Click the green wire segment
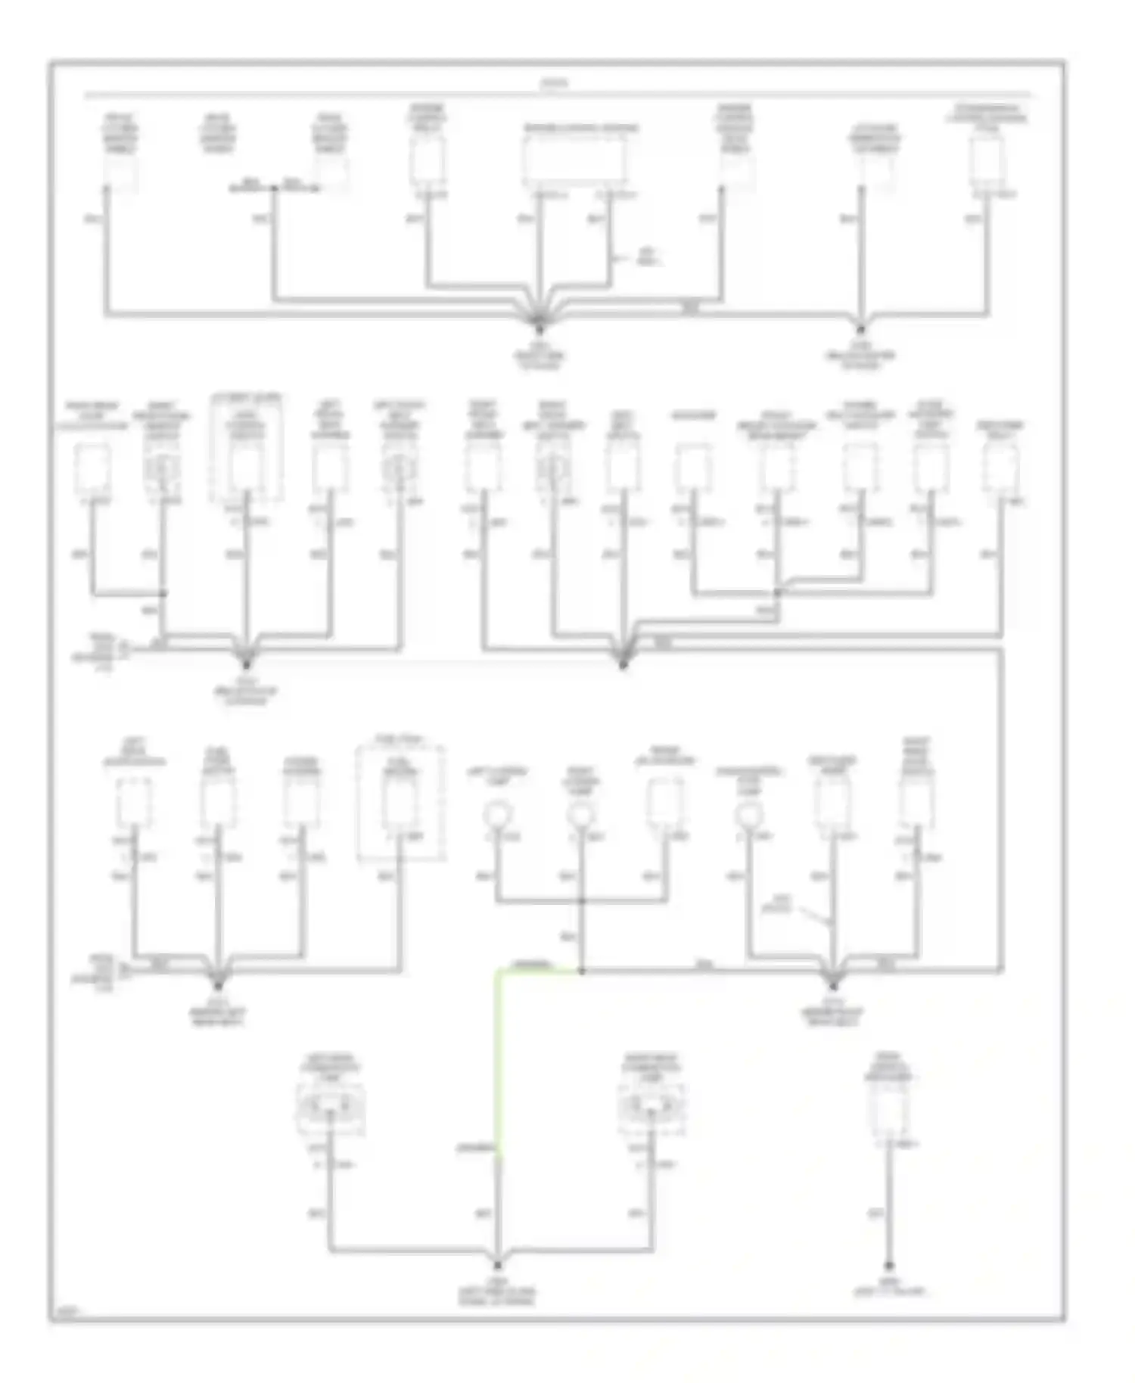click(x=496, y=1059)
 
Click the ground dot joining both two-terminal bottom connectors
click(x=498, y=1264)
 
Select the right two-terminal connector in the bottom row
click(x=651, y=1113)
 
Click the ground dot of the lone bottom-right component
click(x=889, y=1265)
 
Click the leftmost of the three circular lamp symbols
click(x=498, y=815)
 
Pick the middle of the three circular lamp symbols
click(x=580, y=815)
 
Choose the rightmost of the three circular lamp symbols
click(x=749, y=815)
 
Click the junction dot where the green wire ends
click(x=581, y=970)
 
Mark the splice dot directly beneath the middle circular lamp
click(x=581, y=901)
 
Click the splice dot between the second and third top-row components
click(x=274, y=188)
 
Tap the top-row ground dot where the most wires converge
click(x=540, y=330)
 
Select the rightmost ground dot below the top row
click(x=860, y=330)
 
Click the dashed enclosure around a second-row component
click(x=247, y=448)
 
